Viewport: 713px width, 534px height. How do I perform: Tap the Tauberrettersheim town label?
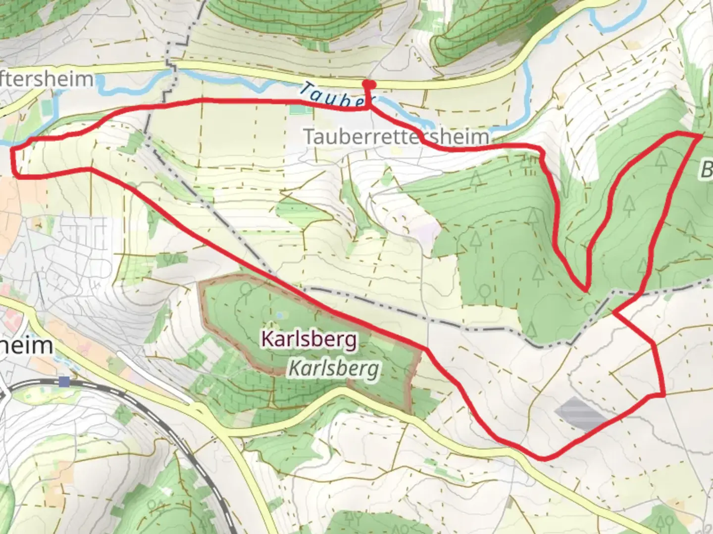[x=397, y=136]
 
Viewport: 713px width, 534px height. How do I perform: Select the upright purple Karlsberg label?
[x=309, y=340]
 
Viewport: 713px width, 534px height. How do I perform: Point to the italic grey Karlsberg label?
[x=335, y=368]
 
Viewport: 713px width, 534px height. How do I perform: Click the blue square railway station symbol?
[x=64, y=381]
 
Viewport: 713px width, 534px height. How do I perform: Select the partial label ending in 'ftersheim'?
[x=47, y=79]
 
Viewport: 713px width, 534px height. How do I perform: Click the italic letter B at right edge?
[x=706, y=171]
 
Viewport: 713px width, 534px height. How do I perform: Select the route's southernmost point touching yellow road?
[x=544, y=458]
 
